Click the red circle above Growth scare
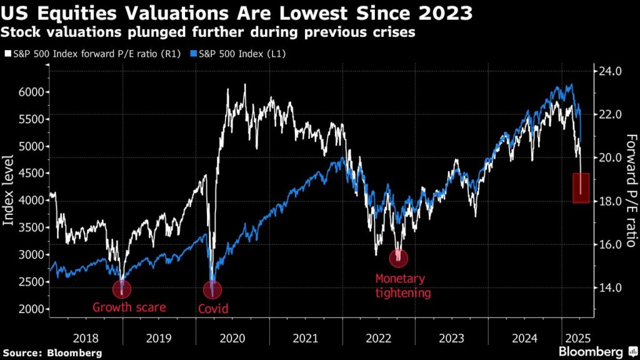point(122,289)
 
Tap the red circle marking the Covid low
point(212,290)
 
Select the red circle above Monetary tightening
point(399,257)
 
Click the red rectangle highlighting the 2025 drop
point(581,188)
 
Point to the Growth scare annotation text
point(129,307)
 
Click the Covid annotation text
point(212,309)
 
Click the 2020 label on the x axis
point(232,338)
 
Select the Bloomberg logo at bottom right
point(590,352)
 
